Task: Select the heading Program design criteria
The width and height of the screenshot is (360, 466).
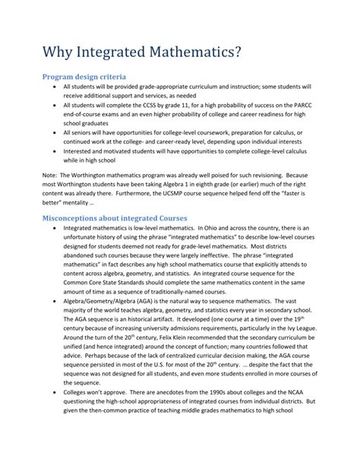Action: tap(84, 77)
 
